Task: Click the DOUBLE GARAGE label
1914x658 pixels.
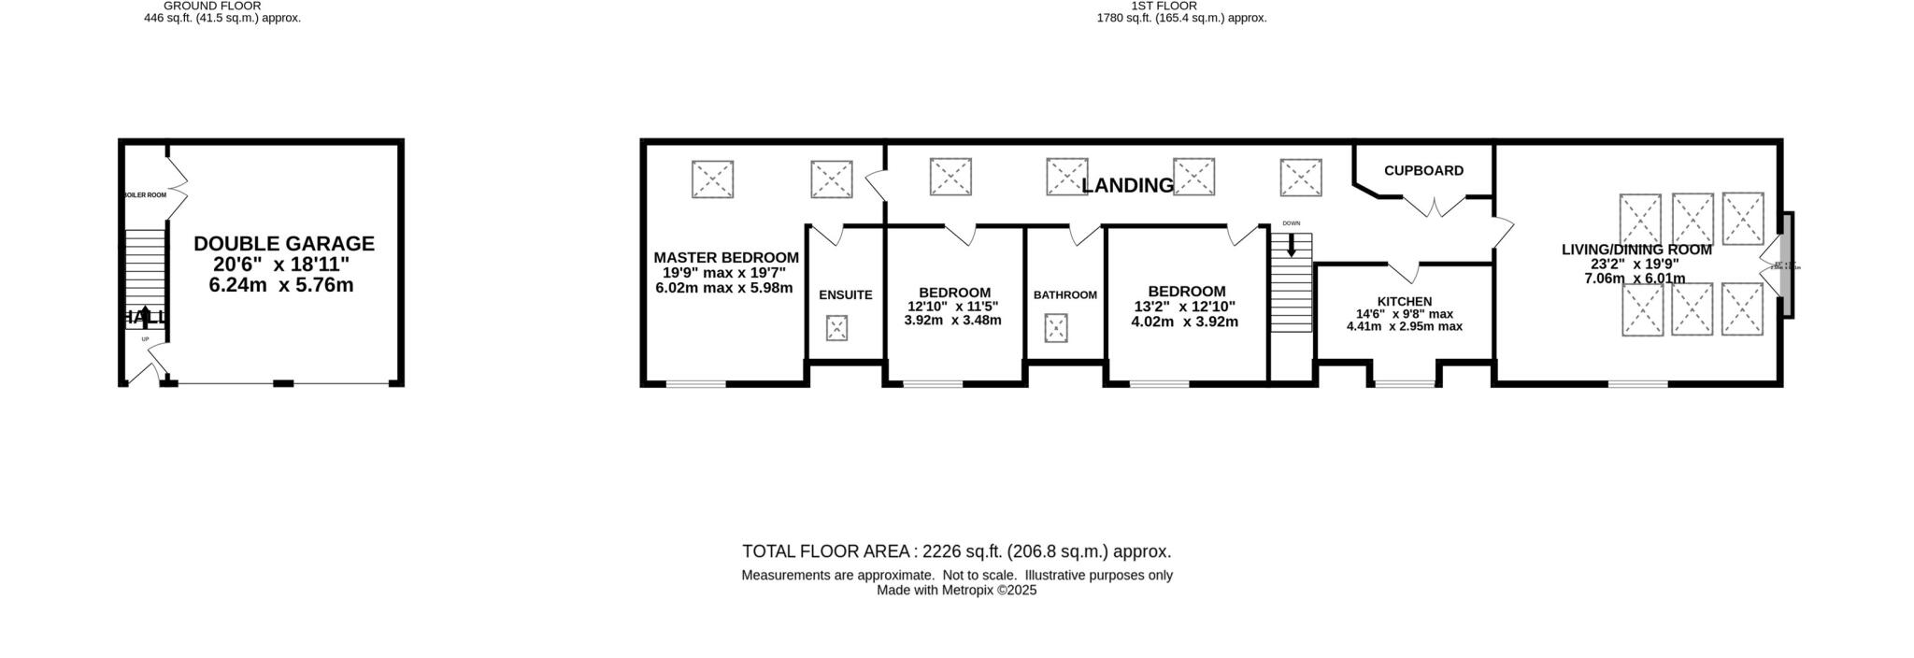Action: click(283, 244)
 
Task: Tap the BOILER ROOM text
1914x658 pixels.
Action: click(145, 195)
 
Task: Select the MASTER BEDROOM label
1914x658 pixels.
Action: click(725, 258)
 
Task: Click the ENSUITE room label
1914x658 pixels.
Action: click(845, 295)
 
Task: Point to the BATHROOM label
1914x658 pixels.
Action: click(1064, 295)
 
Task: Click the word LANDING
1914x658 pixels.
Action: click(1127, 185)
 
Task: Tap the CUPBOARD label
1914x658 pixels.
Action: click(1422, 171)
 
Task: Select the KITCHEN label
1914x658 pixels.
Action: click(1404, 302)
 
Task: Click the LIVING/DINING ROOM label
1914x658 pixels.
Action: click(1635, 250)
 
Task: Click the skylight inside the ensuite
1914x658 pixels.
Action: click(836, 328)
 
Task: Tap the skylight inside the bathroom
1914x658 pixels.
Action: click(1056, 328)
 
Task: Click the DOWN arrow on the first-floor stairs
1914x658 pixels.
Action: click(1291, 246)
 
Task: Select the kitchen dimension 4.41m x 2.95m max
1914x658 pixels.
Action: click(1404, 327)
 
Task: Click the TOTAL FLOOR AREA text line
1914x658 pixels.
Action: click(956, 551)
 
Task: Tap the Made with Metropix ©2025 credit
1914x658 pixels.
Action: click(956, 591)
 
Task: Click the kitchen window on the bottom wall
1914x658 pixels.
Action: click(1405, 383)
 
